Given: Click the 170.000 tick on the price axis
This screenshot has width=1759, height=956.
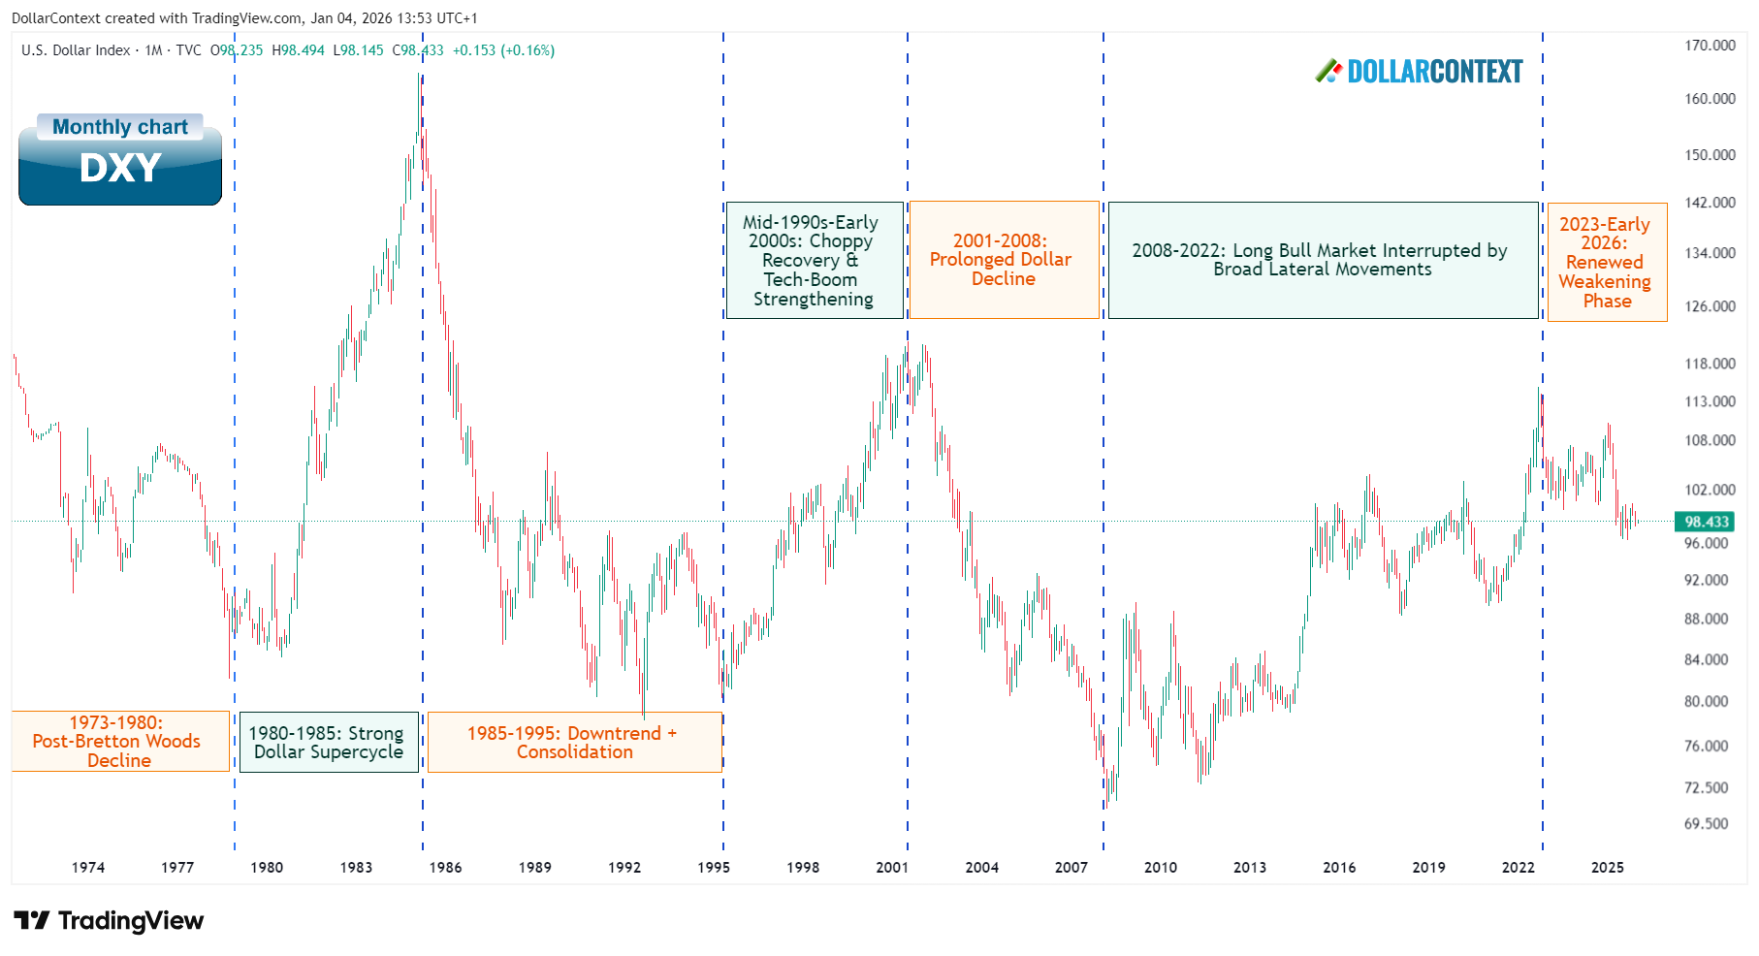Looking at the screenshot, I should (x=1710, y=46).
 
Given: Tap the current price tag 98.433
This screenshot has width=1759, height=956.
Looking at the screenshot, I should (x=1706, y=522).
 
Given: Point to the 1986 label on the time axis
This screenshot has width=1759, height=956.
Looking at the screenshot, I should (x=445, y=868).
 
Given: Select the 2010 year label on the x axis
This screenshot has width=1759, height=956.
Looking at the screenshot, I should (x=1160, y=868).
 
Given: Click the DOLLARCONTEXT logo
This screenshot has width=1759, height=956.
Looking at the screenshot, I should (x=1420, y=72).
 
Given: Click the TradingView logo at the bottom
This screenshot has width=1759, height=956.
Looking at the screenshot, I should (x=109, y=920).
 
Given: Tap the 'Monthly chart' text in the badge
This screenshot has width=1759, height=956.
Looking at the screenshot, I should (x=120, y=127).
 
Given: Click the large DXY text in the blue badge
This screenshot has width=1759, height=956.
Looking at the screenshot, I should (x=120, y=169).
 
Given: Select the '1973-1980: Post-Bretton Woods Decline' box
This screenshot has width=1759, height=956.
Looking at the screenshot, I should (x=119, y=742).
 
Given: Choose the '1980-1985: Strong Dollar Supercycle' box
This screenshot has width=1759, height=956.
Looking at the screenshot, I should (x=329, y=743).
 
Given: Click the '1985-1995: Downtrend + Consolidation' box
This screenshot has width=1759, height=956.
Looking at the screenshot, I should (x=574, y=743).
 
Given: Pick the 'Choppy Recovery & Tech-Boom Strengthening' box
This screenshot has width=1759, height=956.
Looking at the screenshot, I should (x=814, y=261).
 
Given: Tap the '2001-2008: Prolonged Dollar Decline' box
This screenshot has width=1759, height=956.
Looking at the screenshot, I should (x=1003, y=260).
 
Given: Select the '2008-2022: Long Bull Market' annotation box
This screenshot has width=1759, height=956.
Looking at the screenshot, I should (x=1322, y=260).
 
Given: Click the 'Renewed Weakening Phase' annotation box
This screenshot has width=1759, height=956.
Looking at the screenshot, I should (x=1606, y=263).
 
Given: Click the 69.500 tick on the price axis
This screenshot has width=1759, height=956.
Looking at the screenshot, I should (x=1706, y=824).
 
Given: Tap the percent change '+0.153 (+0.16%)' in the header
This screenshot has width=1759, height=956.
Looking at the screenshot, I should (x=503, y=50).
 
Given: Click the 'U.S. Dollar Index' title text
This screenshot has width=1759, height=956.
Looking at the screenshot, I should (x=76, y=50).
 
